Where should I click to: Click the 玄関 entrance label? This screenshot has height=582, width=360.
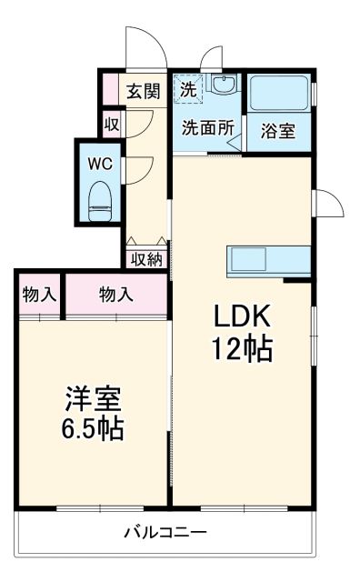click(143, 91)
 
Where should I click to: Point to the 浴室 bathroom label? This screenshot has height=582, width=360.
click(277, 131)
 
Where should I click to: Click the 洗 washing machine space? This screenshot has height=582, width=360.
click(187, 90)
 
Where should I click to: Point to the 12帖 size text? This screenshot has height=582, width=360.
click(242, 349)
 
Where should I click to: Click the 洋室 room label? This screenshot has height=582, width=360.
click(93, 397)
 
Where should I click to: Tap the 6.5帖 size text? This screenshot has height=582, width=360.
click(93, 427)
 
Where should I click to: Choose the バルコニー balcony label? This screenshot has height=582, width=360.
click(165, 533)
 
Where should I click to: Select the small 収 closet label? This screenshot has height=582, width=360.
click(111, 124)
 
